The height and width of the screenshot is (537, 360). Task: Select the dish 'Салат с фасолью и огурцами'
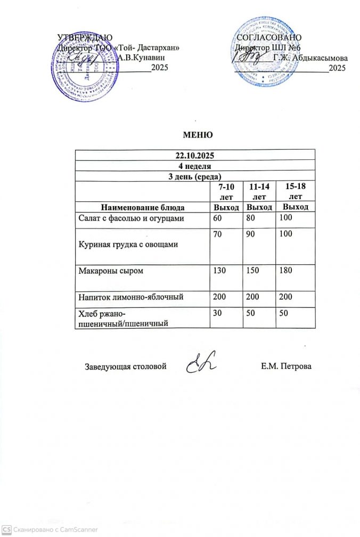(x=132, y=218)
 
